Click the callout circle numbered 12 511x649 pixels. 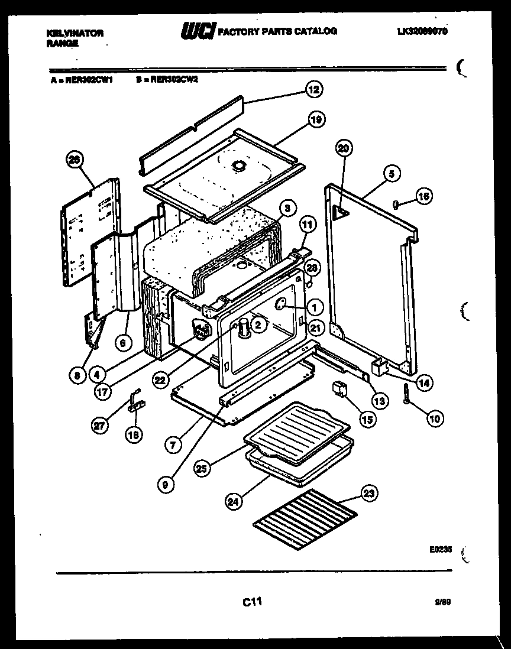coord(313,90)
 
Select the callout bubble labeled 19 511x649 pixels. coord(316,120)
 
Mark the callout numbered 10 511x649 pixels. coord(435,419)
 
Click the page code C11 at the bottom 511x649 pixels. coord(252,602)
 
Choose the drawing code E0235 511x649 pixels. coord(441,549)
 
